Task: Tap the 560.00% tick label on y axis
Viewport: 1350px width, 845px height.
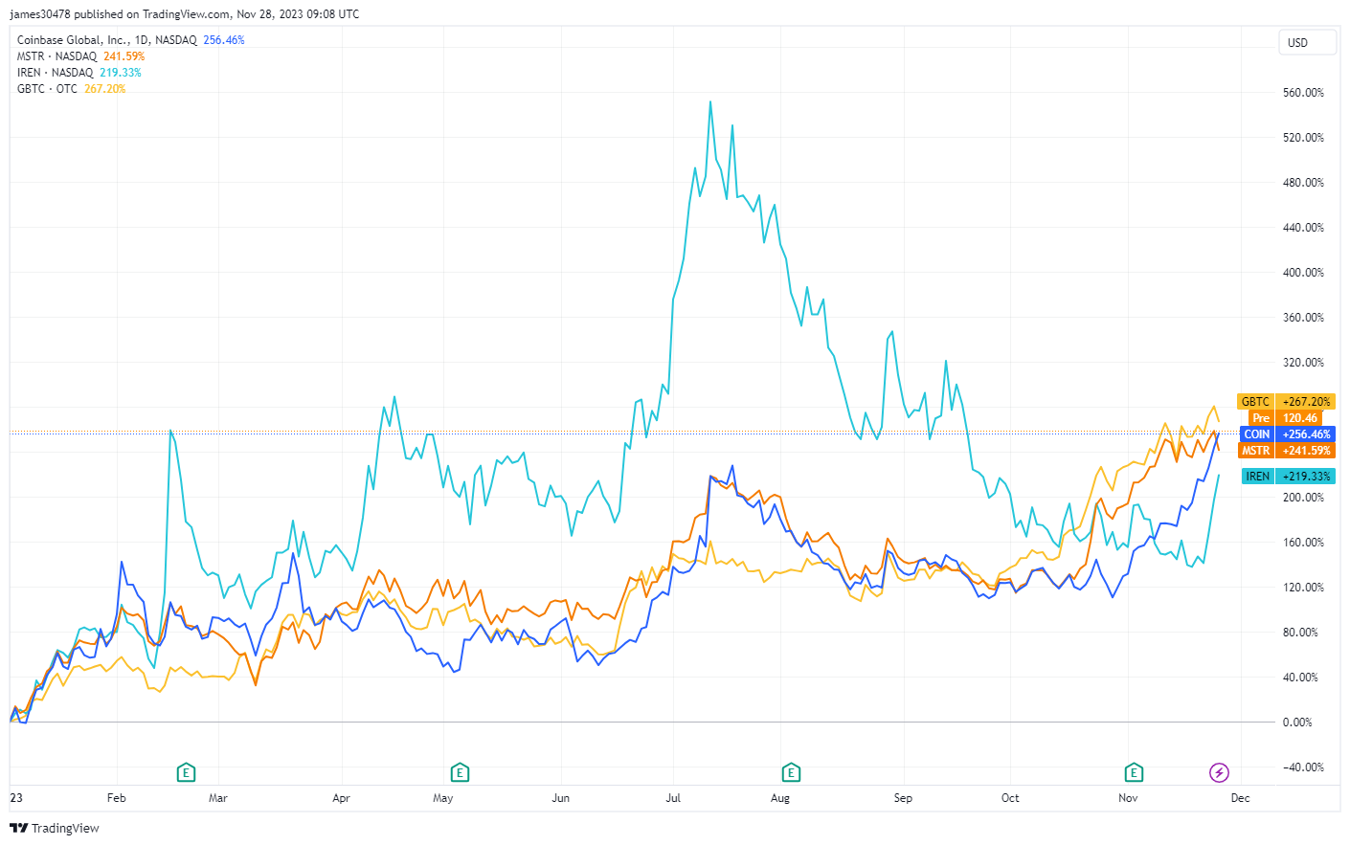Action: coord(1303,93)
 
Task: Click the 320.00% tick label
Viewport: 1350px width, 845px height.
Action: coord(1303,363)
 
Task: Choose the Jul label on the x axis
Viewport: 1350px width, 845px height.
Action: coord(673,798)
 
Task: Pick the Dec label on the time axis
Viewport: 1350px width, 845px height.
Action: coord(1240,798)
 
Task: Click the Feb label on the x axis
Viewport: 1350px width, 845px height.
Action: coord(116,798)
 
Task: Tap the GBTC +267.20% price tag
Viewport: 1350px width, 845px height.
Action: coord(1286,402)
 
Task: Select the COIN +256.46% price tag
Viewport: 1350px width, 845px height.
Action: coord(1286,434)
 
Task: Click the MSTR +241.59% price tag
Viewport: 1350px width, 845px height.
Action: coord(1286,451)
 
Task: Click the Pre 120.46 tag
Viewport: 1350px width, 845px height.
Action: coord(1286,418)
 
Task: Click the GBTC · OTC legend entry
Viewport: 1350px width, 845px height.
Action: coord(47,89)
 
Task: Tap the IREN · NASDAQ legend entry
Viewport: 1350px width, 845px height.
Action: coord(55,73)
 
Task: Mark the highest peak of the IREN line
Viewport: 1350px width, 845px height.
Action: coord(709,101)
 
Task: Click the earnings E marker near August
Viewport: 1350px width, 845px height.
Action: coord(791,772)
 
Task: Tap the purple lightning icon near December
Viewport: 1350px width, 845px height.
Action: coord(1219,772)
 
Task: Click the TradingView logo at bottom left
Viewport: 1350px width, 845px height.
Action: coord(55,829)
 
